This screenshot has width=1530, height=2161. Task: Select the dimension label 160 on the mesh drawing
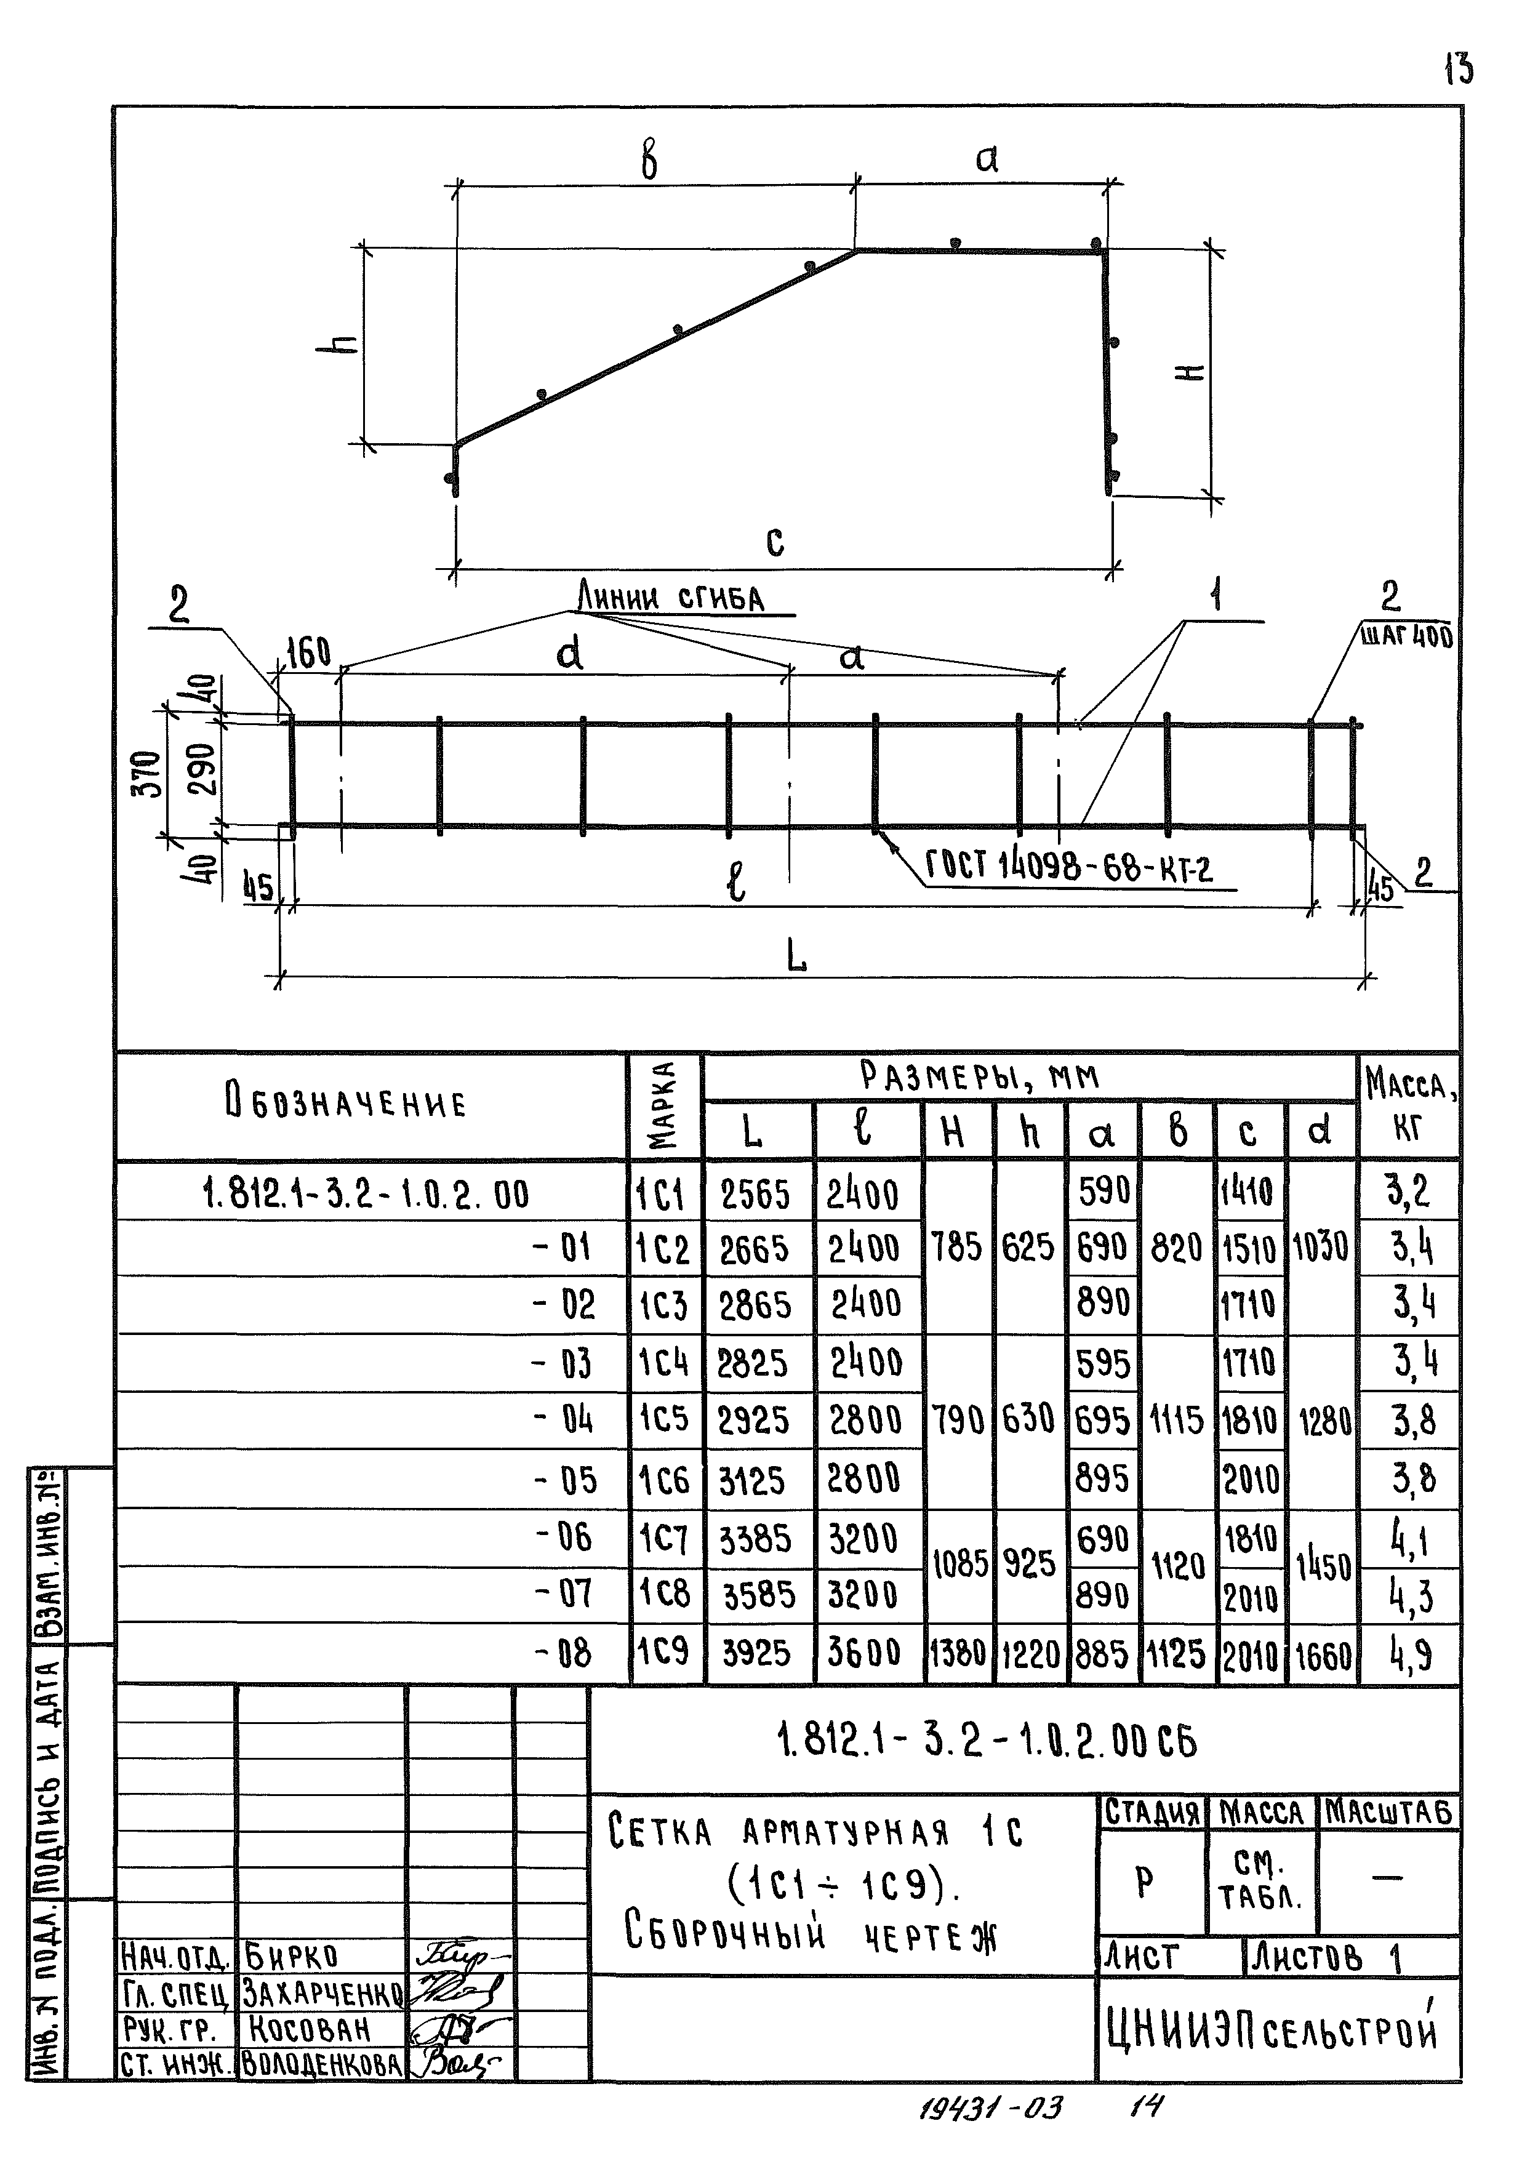click(308, 653)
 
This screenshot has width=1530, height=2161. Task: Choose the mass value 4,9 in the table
click(1411, 1653)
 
